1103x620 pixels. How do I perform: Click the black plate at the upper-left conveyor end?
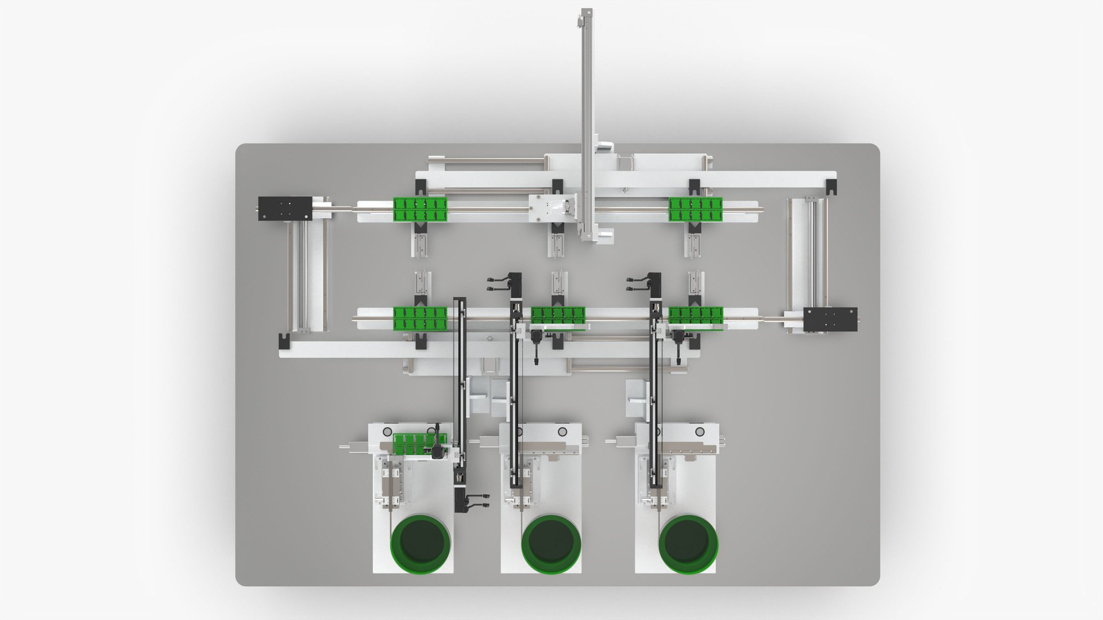[x=284, y=208]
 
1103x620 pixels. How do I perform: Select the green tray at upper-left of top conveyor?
[x=420, y=209]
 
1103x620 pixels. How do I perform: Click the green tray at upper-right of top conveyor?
[x=695, y=209]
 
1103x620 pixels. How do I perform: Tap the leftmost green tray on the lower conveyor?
[x=420, y=319]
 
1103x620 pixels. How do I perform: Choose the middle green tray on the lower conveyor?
[x=557, y=315]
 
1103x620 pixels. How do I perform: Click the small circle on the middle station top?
[x=562, y=432]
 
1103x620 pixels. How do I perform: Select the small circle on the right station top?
[x=700, y=432]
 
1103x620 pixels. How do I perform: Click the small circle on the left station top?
[x=387, y=432]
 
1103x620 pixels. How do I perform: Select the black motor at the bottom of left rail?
[x=461, y=498]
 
